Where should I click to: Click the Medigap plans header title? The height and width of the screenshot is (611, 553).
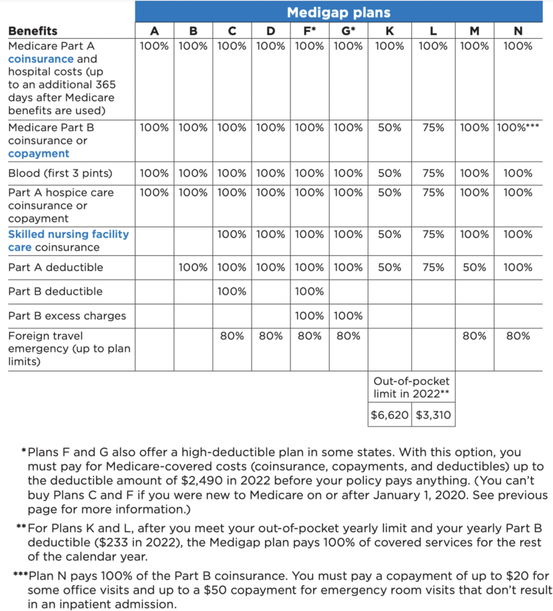pos(338,12)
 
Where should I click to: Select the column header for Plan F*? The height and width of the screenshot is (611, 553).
pos(309,31)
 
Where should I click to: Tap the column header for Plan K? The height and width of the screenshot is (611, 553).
pos(390,31)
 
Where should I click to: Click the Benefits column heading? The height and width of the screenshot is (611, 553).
pos(32,31)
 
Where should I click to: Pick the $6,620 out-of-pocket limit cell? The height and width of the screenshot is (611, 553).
pos(390,415)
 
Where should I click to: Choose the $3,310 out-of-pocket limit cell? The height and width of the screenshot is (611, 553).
pos(433,415)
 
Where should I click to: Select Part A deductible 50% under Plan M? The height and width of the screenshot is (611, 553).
pos(474,267)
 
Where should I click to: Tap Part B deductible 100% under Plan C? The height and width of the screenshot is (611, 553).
pos(232,292)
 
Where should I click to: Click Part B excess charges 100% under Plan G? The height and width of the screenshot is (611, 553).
pos(348,316)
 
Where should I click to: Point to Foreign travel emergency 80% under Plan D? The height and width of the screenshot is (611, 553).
pos(270,336)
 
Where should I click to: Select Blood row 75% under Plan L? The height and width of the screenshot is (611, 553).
pos(433,173)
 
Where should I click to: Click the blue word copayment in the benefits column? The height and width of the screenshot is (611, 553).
pos(39,153)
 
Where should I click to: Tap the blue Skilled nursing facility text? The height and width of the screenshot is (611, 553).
pos(68,234)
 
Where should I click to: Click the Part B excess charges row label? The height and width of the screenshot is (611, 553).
pos(67,316)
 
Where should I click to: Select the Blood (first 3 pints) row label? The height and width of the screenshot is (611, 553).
pos(59,173)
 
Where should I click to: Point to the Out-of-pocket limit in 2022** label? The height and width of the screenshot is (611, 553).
pos(411,387)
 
